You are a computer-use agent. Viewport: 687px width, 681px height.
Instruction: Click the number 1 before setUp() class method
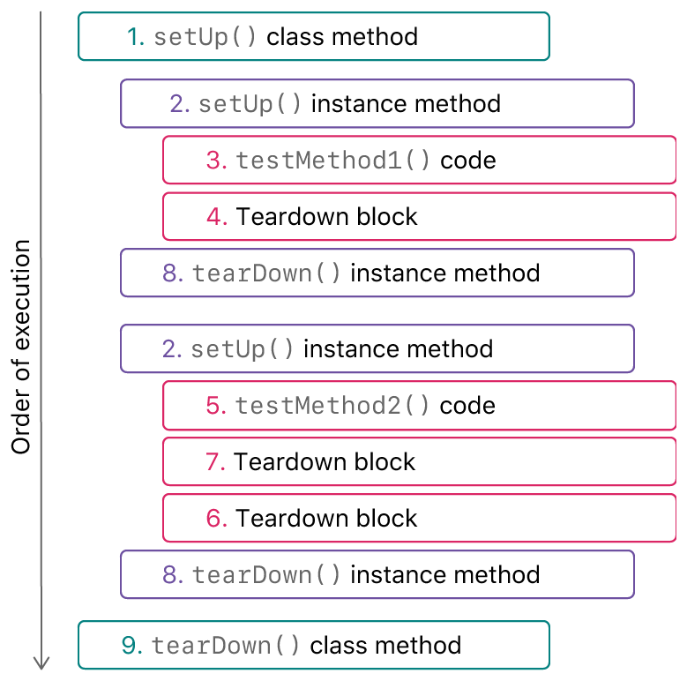(x=136, y=37)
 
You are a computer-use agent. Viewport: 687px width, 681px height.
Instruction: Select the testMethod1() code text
(x=333, y=161)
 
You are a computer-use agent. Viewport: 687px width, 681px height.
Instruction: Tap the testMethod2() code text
(x=332, y=406)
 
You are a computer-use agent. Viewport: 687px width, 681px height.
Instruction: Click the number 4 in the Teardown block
(x=217, y=217)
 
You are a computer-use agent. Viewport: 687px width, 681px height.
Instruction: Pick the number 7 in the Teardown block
(x=216, y=462)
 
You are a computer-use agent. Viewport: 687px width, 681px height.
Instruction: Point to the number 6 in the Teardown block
(x=217, y=519)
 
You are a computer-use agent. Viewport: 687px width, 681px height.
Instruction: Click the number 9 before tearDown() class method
(x=132, y=646)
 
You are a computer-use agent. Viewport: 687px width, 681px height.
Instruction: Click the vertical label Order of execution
(x=21, y=347)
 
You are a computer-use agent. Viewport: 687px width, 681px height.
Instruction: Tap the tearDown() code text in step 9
(x=226, y=646)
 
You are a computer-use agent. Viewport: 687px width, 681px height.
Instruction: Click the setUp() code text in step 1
(x=205, y=37)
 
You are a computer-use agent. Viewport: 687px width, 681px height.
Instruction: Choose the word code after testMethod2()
(x=467, y=406)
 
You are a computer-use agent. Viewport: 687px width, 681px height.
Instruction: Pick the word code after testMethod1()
(x=468, y=161)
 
